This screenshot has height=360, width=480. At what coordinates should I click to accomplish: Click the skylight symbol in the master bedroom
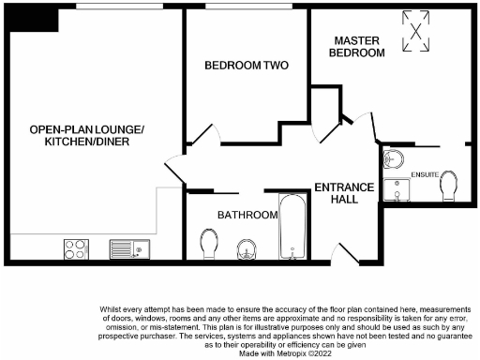[x=416, y=32]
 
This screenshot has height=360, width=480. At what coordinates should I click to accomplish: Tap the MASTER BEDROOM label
[x=360, y=47]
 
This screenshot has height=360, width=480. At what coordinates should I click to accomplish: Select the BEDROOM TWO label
[x=247, y=66]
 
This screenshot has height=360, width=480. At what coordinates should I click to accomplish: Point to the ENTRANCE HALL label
[x=344, y=192]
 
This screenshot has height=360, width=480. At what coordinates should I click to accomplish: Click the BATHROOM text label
[x=247, y=215]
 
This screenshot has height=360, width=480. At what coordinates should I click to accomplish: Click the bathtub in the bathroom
[x=293, y=228]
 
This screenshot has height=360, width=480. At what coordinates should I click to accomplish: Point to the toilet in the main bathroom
[x=210, y=246]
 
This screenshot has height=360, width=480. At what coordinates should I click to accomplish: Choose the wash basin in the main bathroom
[x=246, y=249]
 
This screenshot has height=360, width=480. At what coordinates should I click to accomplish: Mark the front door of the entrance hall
[x=340, y=251]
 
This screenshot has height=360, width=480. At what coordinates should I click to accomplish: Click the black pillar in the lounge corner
[x=23, y=20]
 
